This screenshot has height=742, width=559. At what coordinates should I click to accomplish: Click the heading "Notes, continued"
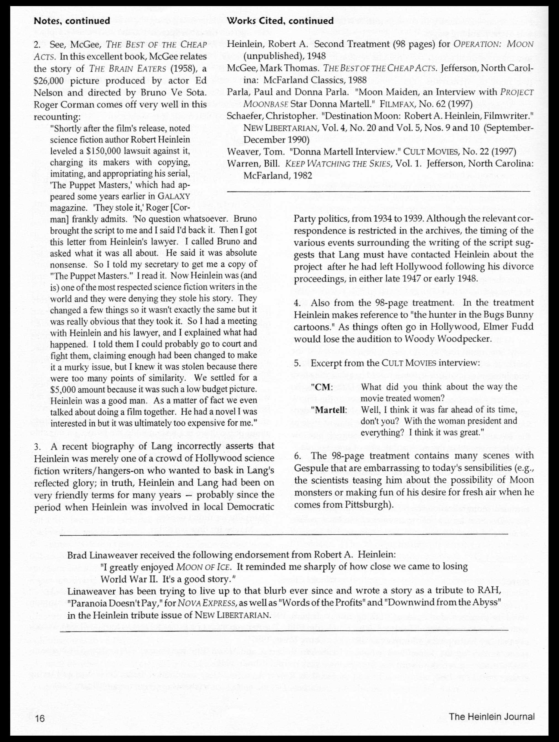(x=72, y=21)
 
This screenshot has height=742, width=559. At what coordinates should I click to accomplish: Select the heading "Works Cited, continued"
(x=280, y=21)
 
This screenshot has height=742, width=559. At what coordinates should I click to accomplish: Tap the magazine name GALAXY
(x=174, y=196)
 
